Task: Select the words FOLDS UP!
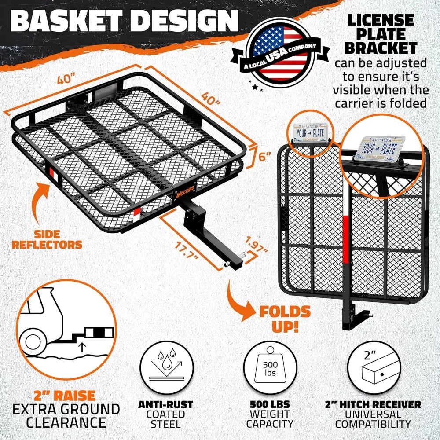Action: pyautogui.click(x=285, y=319)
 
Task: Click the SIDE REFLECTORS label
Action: pyautogui.click(x=47, y=238)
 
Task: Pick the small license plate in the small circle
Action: pyautogui.click(x=312, y=132)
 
